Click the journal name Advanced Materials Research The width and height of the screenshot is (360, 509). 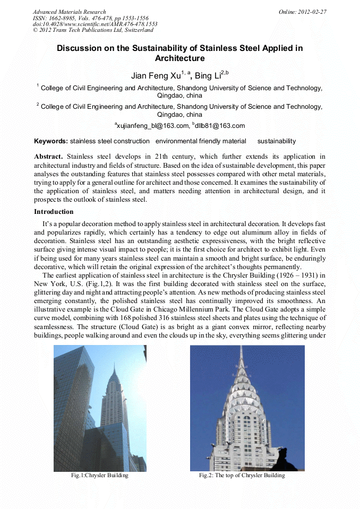pyautogui.click(x=69, y=12)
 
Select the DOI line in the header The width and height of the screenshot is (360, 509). pyautogui.click(x=95, y=24)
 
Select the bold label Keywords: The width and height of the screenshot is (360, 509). pyautogui.click(x=51, y=141)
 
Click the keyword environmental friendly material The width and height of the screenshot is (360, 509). pyautogui.click(x=201, y=141)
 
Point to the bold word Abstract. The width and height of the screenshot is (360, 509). pyautogui.click(x=48, y=157)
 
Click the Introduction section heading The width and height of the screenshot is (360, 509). pyautogui.click(x=54, y=212)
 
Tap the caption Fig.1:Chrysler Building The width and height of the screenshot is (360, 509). pyautogui.click(x=100, y=476)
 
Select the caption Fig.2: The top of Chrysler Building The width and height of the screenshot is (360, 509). pyautogui.click(x=242, y=476)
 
